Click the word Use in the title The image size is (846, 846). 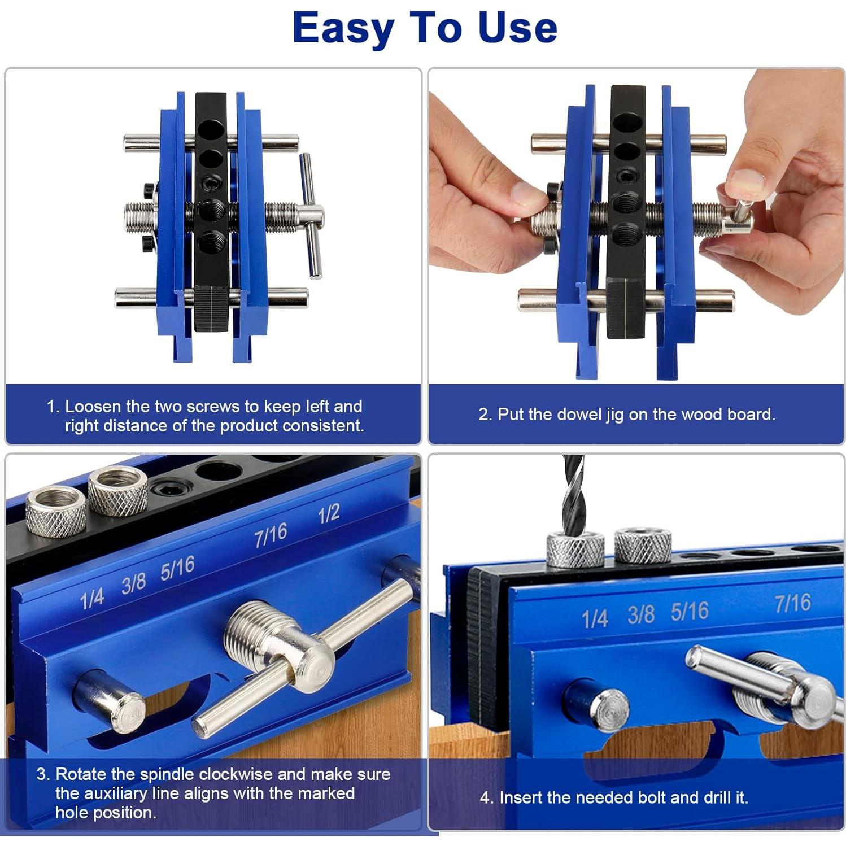[x=518, y=28]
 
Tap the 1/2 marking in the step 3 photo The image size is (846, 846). [x=329, y=514]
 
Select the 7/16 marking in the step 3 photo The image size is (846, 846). [x=271, y=535]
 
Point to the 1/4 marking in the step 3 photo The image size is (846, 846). [x=91, y=599]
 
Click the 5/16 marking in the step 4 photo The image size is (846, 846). [x=690, y=612]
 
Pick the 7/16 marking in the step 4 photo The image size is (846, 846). [x=793, y=603]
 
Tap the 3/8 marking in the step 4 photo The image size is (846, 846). [x=641, y=614]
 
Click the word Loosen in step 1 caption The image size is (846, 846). [x=93, y=407]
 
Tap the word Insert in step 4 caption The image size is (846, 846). [x=521, y=797]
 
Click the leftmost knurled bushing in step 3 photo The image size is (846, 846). [x=56, y=511]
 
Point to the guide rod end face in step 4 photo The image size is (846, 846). [x=609, y=710]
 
